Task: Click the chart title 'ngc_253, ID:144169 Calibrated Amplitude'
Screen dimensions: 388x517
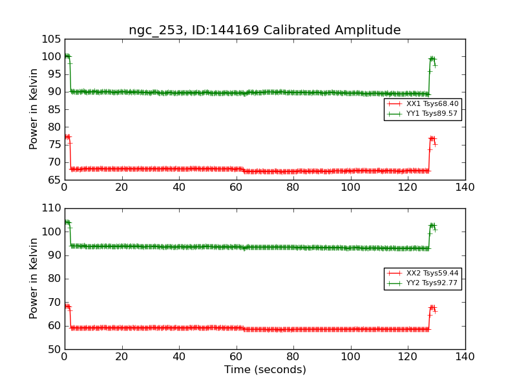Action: [264, 30]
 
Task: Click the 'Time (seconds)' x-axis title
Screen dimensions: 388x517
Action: [265, 370]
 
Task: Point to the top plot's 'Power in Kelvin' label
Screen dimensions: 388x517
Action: [34, 109]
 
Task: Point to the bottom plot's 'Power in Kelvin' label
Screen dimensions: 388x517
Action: [34, 279]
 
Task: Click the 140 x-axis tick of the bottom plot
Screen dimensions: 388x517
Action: [465, 356]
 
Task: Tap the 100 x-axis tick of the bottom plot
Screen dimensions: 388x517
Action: [350, 356]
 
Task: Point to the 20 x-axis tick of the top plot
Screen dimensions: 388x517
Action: [121, 187]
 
